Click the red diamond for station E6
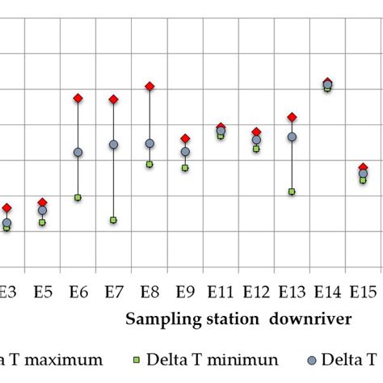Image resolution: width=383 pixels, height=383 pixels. click(78, 98)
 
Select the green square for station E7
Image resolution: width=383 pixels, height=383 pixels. click(114, 220)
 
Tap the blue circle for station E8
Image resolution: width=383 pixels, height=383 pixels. click(149, 144)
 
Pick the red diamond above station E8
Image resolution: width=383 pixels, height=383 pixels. click(149, 86)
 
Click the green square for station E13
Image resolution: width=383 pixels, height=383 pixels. click(292, 191)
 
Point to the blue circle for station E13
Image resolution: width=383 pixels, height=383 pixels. click(292, 137)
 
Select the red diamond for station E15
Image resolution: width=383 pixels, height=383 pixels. click(363, 167)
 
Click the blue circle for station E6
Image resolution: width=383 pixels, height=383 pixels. click(78, 153)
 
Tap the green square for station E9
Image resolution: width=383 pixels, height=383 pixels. click(185, 168)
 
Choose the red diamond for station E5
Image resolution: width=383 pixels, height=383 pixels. click(43, 202)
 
